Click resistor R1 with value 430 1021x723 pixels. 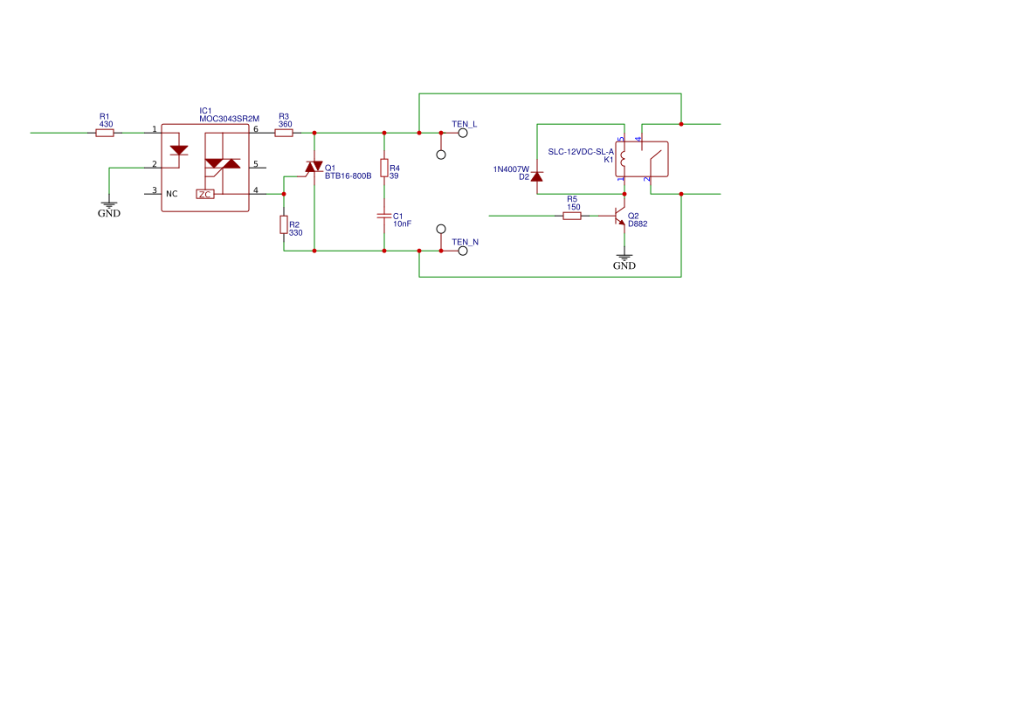(x=105, y=133)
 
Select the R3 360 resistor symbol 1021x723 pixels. (x=284, y=133)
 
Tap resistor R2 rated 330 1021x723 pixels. (x=284, y=225)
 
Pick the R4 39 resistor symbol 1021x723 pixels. (x=384, y=168)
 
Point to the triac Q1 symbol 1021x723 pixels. (x=314, y=167)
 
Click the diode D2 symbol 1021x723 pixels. (x=537, y=176)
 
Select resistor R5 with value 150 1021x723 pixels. (x=572, y=215)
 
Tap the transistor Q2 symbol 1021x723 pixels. (x=620, y=216)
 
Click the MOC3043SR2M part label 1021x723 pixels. (x=229, y=119)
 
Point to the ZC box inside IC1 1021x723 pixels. (x=205, y=194)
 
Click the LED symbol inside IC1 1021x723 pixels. (x=179, y=150)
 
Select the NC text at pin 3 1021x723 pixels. (x=172, y=194)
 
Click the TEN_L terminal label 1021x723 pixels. (x=464, y=124)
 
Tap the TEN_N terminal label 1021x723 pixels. (x=465, y=242)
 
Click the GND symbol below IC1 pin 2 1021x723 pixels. (x=109, y=208)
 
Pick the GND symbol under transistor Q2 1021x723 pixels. (x=624, y=260)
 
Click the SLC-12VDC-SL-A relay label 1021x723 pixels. (x=581, y=151)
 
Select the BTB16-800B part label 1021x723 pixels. (x=348, y=176)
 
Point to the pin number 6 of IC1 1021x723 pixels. (x=256, y=129)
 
